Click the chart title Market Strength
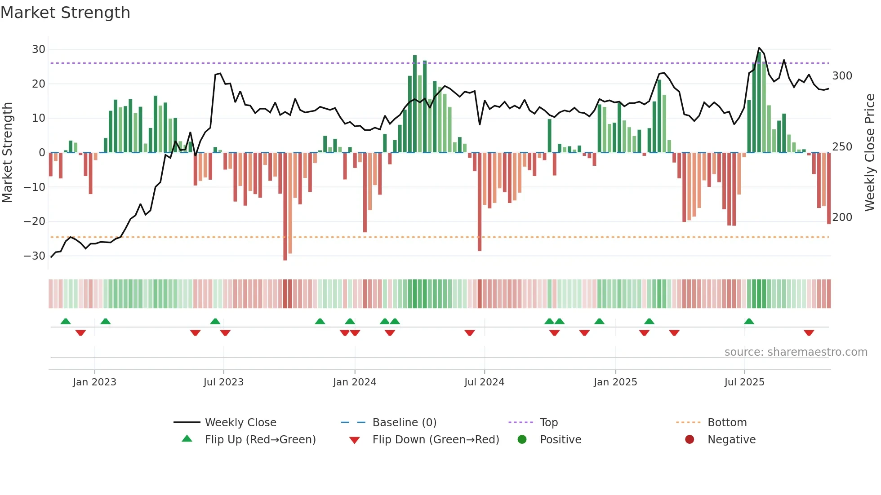[65, 13]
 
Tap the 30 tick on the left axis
[39, 49]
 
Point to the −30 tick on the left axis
[34, 256]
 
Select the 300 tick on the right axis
[842, 76]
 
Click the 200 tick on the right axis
[842, 217]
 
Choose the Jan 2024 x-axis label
[354, 382]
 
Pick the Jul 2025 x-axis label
[744, 382]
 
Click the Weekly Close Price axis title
[870, 153]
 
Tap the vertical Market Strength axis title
[7, 153]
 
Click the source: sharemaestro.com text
[796, 352]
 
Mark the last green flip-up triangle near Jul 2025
[749, 322]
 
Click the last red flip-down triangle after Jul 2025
[809, 333]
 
